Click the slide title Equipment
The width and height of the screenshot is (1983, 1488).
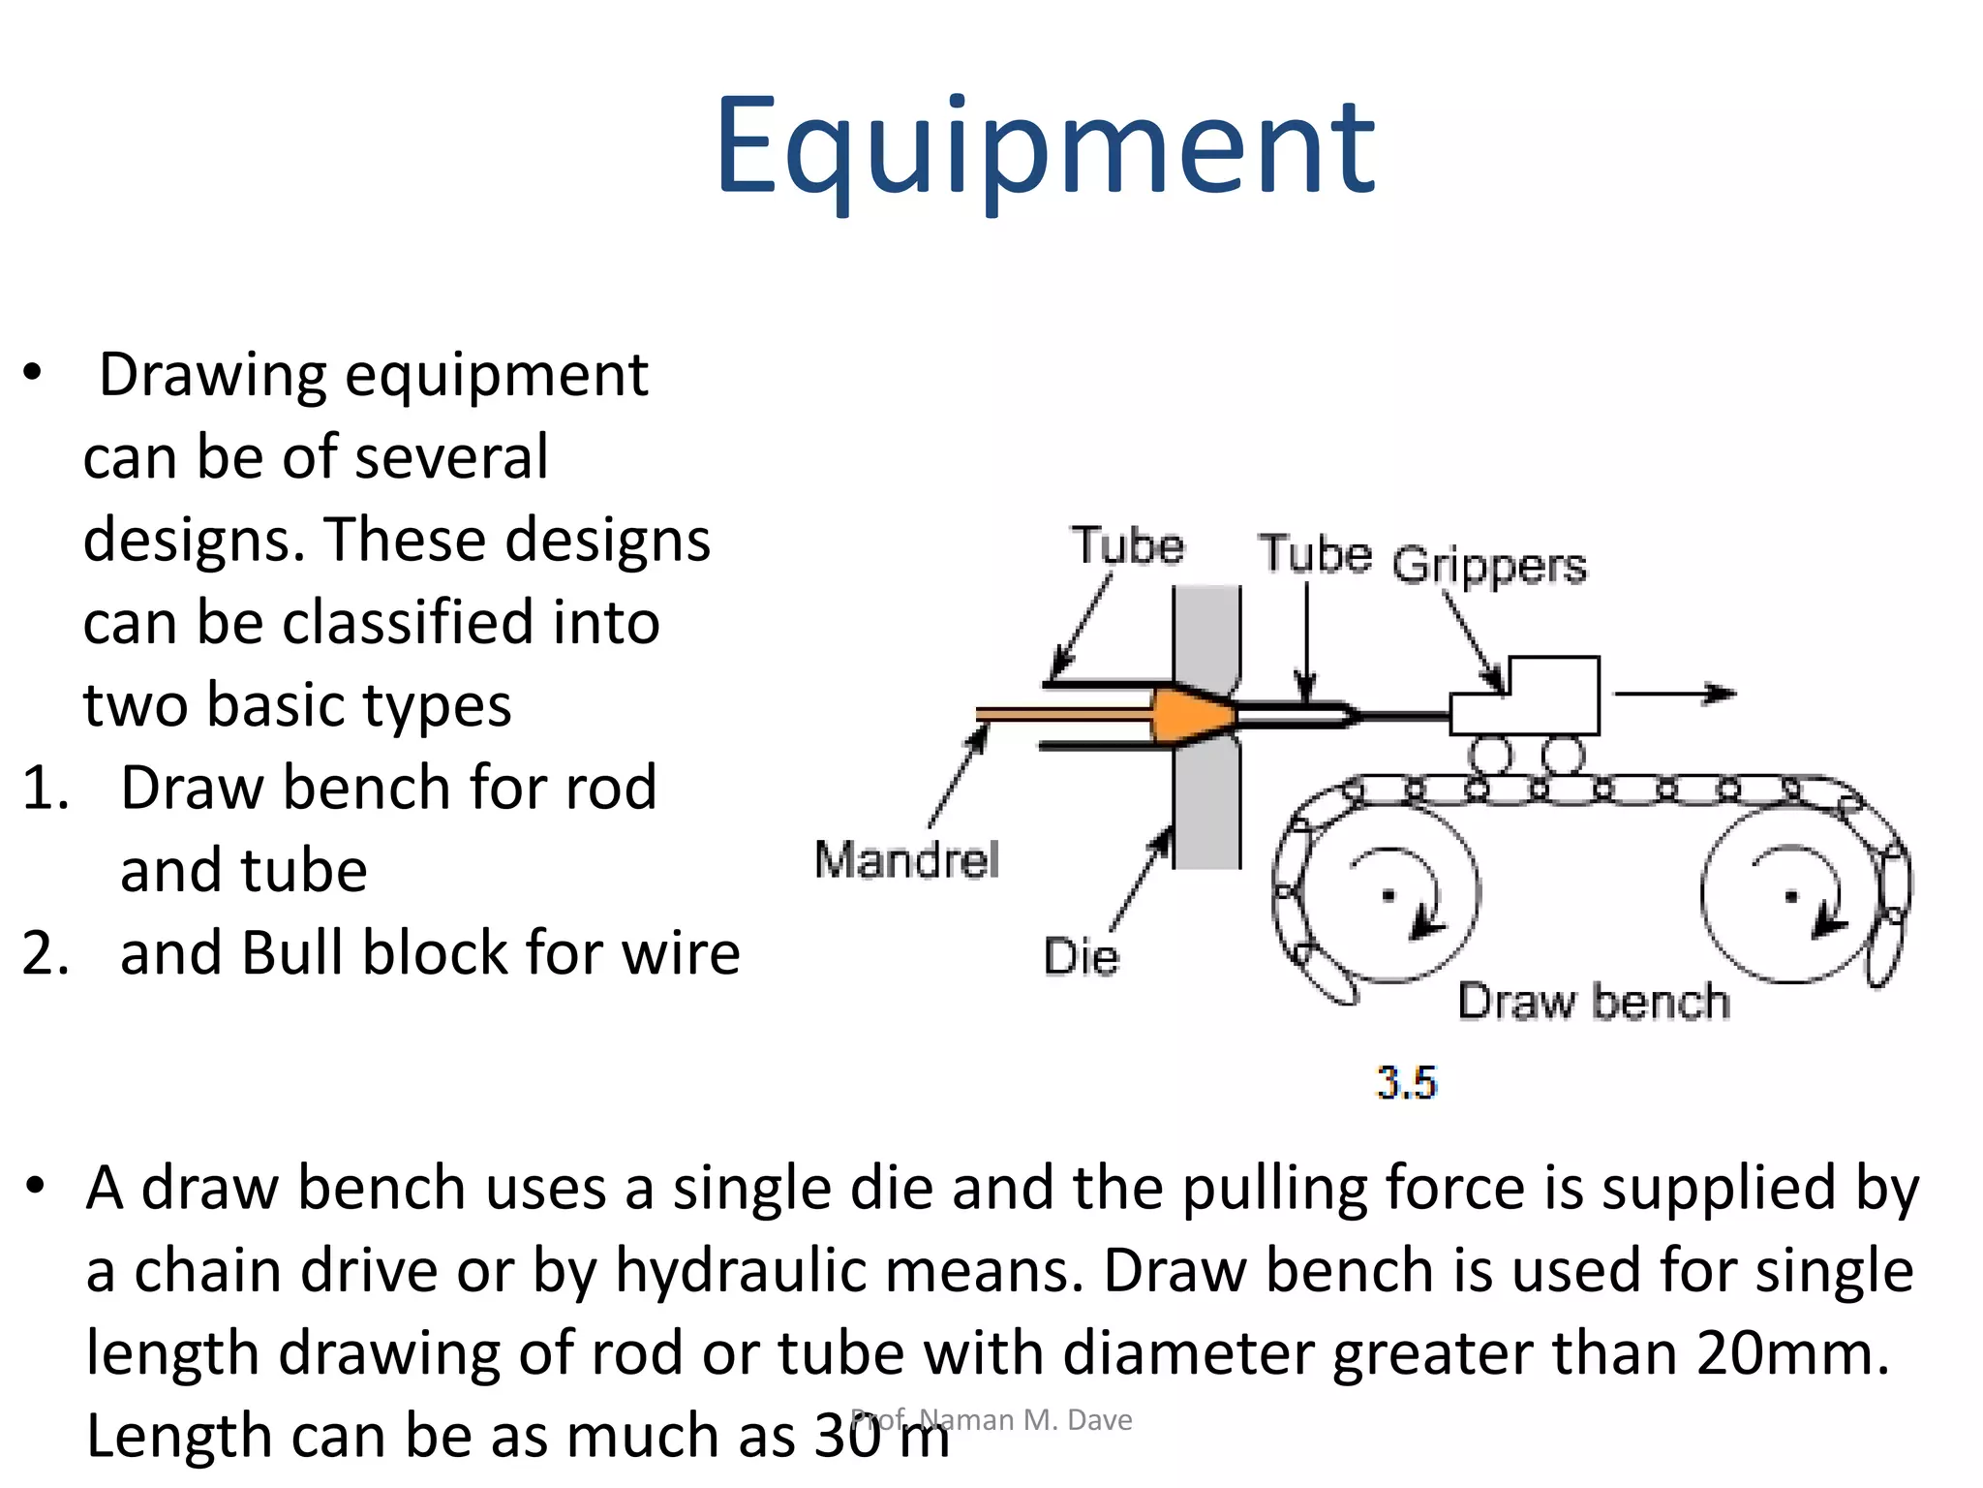click(1044, 147)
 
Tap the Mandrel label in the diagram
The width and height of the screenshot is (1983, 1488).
click(906, 860)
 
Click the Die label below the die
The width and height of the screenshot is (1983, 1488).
click(1081, 957)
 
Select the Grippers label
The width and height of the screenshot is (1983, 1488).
click(1489, 566)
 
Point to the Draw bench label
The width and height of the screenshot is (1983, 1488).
click(1594, 1002)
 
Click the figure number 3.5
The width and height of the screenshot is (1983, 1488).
click(1406, 1082)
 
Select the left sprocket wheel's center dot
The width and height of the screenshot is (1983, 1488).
click(1388, 896)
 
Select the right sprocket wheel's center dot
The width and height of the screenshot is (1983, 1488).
click(1791, 897)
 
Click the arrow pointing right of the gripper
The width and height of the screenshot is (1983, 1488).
click(1675, 694)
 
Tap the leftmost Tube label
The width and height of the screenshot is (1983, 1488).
click(1127, 546)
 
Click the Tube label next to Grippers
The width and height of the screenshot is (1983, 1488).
click(1315, 555)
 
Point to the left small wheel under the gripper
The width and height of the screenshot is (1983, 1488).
click(1491, 756)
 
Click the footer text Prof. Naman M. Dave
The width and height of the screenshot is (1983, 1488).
click(991, 1419)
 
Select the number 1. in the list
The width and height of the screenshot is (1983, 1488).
click(46, 787)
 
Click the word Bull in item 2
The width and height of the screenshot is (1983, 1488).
click(284, 952)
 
